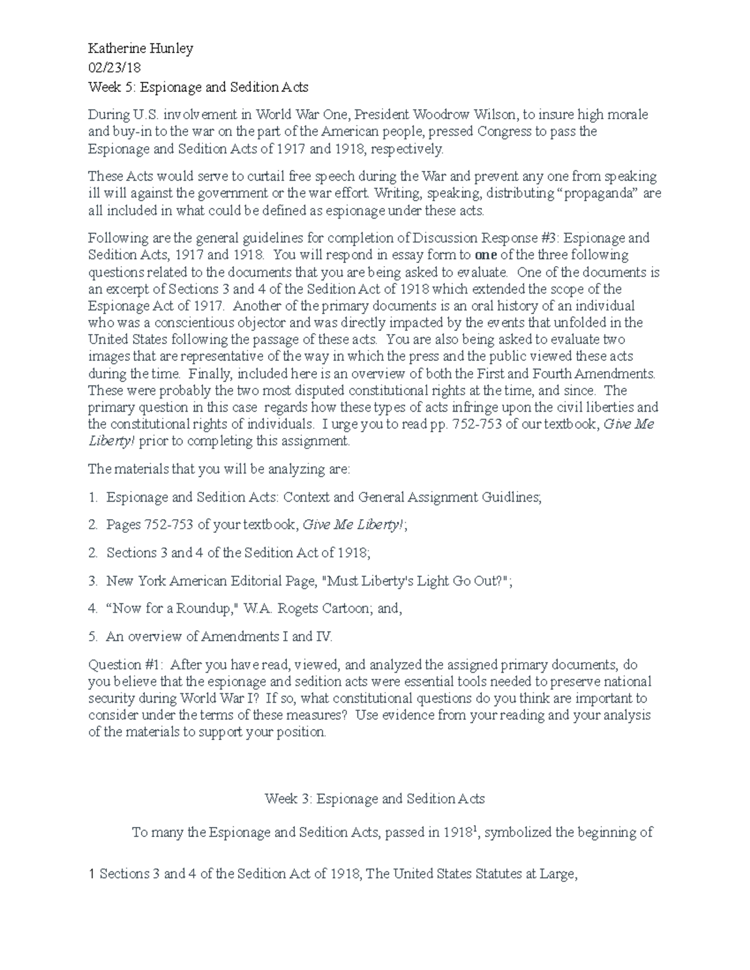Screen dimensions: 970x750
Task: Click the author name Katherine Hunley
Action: click(141, 49)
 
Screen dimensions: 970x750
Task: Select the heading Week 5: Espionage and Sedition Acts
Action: click(198, 87)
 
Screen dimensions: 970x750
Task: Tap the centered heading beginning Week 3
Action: click(374, 798)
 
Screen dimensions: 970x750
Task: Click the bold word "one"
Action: click(484, 255)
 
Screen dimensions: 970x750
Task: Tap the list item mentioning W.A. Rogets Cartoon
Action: click(253, 608)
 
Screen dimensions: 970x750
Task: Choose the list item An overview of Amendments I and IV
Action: click(219, 636)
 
